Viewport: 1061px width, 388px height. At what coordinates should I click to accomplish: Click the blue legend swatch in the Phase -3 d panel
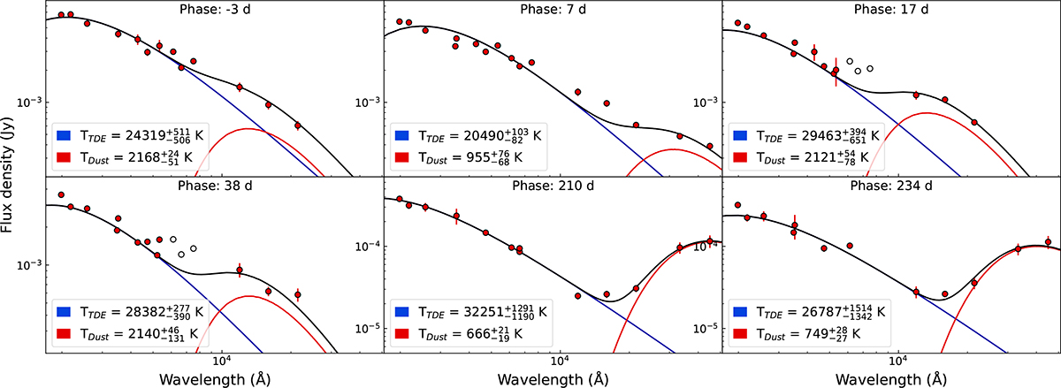click(x=66, y=136)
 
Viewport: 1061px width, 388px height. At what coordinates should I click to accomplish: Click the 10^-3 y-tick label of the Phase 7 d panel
click(x=368, y=103)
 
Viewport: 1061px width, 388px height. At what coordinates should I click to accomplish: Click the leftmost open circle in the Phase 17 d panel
click(x=850, y=62)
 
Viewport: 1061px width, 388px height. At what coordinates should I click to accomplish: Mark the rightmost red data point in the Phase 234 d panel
click(x=1048, y=241)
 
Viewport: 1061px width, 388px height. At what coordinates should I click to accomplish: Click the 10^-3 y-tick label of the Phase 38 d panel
click(x=29, y=265)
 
